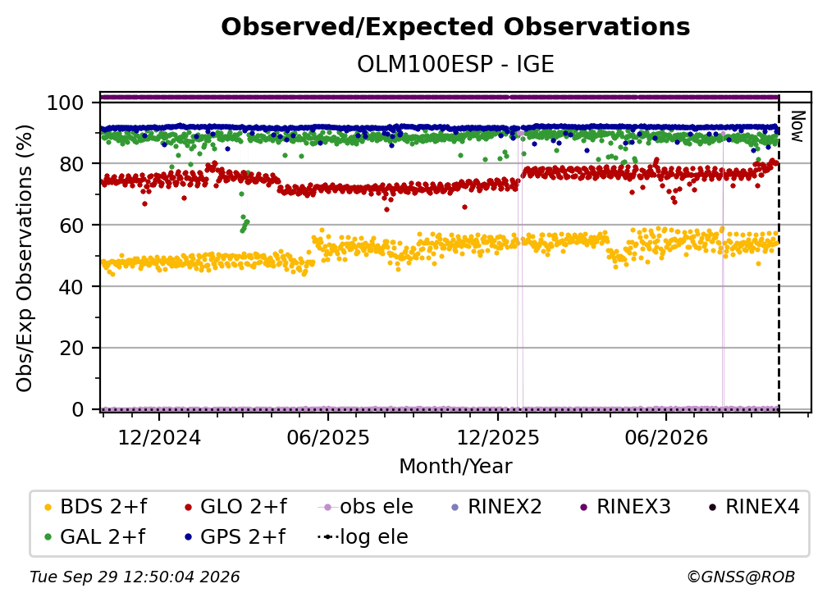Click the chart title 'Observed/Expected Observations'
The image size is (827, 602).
pos(455,27)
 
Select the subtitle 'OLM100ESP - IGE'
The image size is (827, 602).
pos(455,64)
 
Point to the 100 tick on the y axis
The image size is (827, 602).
pos(66,103)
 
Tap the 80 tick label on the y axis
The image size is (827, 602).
pos(71,164)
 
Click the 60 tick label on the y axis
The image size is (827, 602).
pos(71,225)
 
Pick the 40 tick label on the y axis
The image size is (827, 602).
pos(71,287)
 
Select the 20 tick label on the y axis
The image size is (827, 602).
pos(71,348)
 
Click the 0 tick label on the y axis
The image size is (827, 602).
pos(78,409)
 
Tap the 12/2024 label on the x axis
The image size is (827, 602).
pos(159,437)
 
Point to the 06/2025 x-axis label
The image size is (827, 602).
pos(328,437)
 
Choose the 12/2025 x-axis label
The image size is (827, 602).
pos(497,437)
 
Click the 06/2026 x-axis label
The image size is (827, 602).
pos(666,437)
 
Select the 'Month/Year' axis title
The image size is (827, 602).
pos(455,467)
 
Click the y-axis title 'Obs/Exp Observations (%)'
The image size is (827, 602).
pos(25,258)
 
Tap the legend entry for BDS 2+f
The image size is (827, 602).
pos(95,507)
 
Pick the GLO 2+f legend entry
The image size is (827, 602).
pos(235,507)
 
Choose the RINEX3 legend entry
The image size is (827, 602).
pos(625,507)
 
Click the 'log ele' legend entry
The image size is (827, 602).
pos(363,537)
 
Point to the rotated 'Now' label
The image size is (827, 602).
pos(797,126)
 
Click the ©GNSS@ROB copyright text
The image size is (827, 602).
pos(741,577)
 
